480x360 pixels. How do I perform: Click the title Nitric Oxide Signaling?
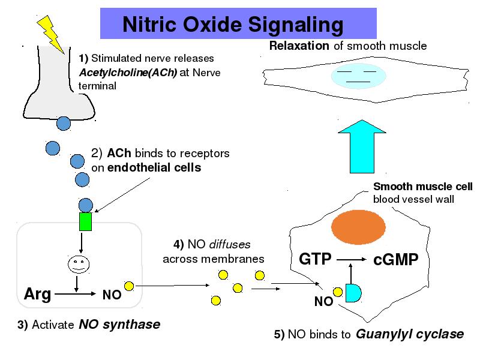point(233,25)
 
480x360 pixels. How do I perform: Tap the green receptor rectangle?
point(86,221)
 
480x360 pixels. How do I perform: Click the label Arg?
point(37,294)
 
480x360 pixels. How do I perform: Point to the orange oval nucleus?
point(355,228)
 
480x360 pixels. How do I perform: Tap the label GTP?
point(315,259)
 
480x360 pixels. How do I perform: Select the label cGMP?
point(395,260)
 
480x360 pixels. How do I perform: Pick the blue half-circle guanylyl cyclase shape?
point(353,292)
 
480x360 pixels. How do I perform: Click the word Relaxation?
point(299,46)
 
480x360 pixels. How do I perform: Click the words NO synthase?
point(119,325)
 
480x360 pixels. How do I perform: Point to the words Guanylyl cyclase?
point(410,334)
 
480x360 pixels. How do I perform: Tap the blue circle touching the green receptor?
point(86,205)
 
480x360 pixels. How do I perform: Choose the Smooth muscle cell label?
point(423,187)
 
